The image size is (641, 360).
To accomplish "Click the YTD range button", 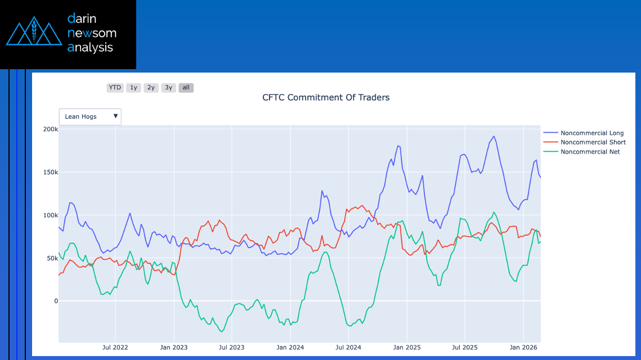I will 115,88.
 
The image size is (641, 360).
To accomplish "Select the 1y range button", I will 133,88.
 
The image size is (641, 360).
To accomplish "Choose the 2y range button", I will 151,88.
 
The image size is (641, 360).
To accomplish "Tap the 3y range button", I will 168,88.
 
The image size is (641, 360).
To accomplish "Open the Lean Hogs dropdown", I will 90,116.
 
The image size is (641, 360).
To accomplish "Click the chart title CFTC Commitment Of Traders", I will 326,97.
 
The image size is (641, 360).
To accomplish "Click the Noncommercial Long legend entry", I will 592,133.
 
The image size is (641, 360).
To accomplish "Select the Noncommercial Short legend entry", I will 593,142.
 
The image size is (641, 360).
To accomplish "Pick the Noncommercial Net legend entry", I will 590,152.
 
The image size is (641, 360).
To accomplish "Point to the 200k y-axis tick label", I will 51,129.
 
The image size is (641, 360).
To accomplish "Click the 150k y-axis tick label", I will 51,172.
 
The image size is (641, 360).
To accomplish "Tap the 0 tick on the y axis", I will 56,301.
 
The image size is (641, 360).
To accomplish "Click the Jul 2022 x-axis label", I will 115,347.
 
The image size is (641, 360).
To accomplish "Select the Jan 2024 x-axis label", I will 290,347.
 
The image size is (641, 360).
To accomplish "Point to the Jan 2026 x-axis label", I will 523,347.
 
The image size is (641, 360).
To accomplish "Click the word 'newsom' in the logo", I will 92,33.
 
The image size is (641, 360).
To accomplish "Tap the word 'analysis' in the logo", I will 90,48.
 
